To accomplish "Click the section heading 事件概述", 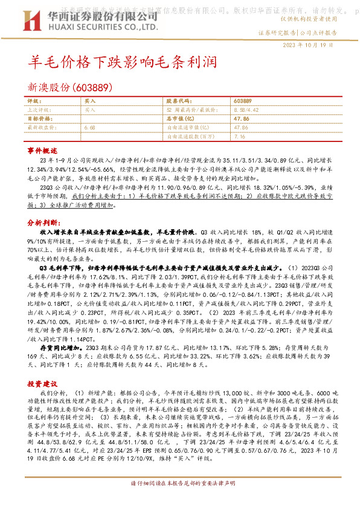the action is pyautogui.click(x=42, y=149).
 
